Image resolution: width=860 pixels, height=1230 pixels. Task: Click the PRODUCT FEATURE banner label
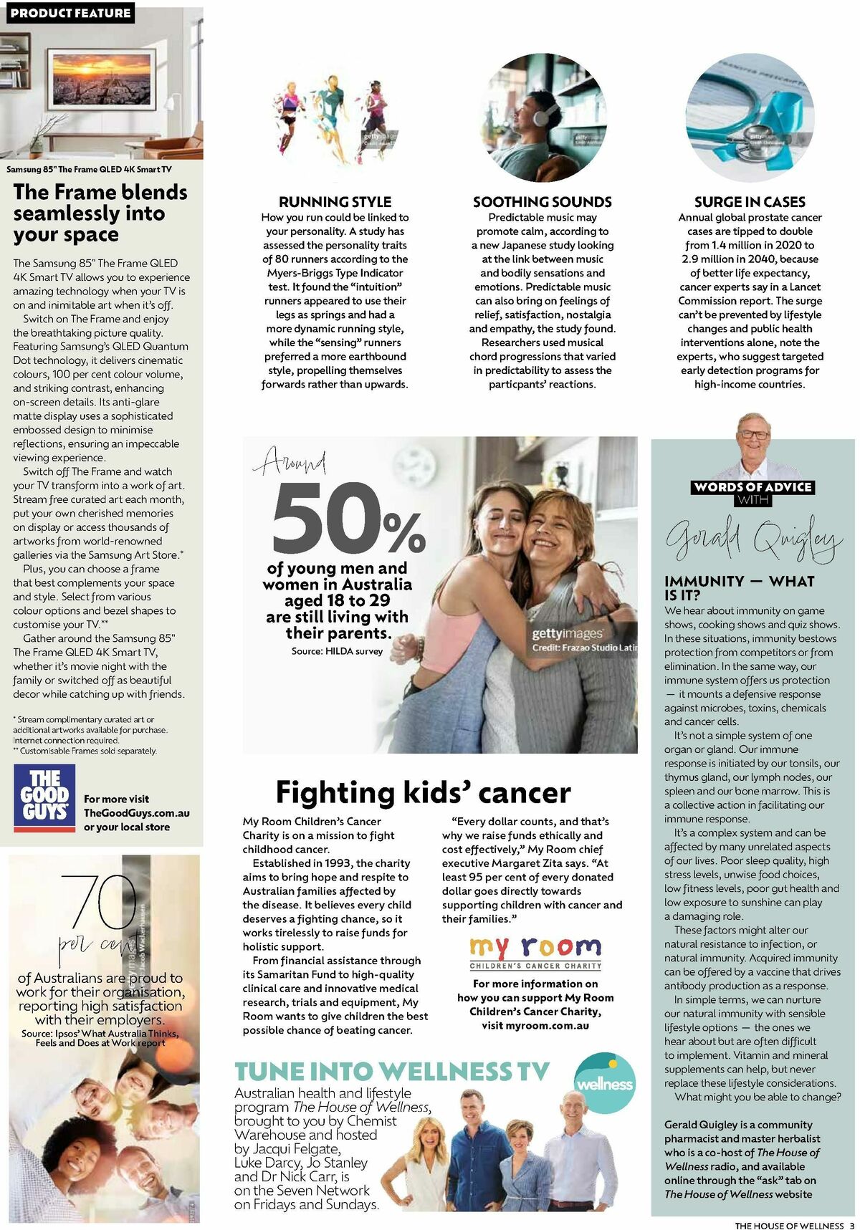(x=70, y=13)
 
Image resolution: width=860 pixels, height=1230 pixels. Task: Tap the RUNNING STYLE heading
(x=335, y=202)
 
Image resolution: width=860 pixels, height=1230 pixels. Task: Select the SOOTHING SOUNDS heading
(x=542, y=202)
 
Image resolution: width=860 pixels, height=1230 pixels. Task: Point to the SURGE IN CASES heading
(x=750, y=202)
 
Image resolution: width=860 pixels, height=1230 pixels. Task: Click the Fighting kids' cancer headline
(x=423, y=792)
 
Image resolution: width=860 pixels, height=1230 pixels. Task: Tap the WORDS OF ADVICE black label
(x=752, y=487)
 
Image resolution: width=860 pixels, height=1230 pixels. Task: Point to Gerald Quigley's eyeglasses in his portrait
(x=755, y=435)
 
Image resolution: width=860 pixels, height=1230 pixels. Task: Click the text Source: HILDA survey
(x=337, y=651)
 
